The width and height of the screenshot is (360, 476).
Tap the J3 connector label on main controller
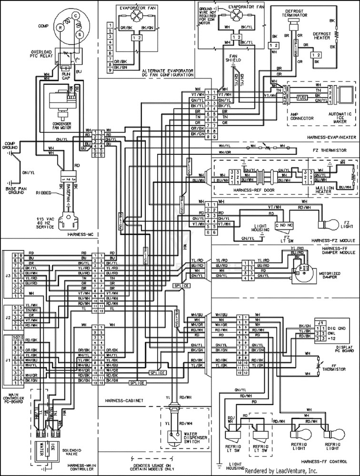[x=7, y=275]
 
